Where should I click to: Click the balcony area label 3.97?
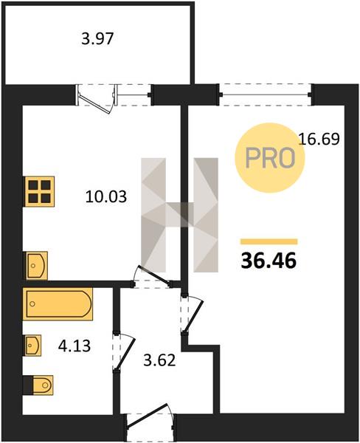pos(97,39)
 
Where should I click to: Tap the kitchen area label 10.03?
pos(106,196)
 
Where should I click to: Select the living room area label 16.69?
pos(319,139)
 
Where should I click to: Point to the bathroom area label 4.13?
pos(75,346)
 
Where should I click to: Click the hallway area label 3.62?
pos(159,360)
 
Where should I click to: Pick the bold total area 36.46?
pos(269,261)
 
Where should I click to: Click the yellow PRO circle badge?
pos(270,158)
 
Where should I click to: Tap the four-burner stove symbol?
pos(38,191)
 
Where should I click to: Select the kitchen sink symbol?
pos(35,266)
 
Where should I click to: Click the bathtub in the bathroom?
pos(58,304)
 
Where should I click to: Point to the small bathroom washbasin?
pos(32,346)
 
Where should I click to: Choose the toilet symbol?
pos(38,385)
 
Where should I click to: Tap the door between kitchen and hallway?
pos(152,277)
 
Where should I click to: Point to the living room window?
pos(266,95)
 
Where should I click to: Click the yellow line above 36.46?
pos(269,241)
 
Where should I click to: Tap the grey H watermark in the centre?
pos(179,215)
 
